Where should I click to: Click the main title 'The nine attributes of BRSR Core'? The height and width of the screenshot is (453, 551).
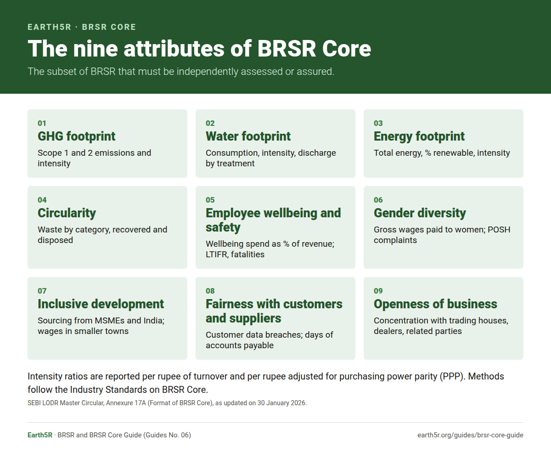(199, 49)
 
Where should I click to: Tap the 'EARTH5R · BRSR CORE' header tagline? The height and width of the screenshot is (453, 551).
(82, 27)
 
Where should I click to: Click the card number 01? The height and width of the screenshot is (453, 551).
(42, 123)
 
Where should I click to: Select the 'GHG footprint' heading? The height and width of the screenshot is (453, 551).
(76, 136)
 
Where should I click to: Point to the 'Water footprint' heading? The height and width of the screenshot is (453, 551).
(248, 136)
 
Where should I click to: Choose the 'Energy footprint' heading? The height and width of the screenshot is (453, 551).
(419, 136)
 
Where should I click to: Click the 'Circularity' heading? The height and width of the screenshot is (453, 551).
(67, 213)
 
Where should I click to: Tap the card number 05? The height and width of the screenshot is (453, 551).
(210, 200)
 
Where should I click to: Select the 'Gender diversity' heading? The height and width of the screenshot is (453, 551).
(420, 213)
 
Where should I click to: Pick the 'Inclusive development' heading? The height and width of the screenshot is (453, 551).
(101, 304)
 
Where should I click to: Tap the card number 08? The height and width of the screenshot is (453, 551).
(210, 291)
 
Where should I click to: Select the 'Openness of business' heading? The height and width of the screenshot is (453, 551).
(435, 304)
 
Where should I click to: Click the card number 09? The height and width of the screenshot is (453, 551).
(378, 291)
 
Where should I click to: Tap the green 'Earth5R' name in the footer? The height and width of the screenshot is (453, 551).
(40, 435)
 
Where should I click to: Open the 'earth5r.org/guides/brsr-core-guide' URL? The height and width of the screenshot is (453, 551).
(470, 435)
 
